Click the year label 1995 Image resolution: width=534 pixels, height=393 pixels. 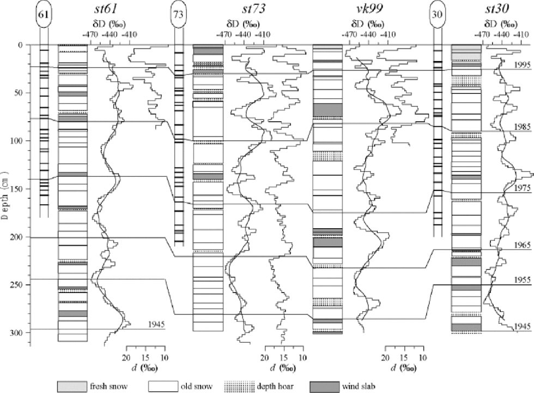(522, 65)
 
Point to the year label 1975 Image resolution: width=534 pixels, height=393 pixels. (522, 188)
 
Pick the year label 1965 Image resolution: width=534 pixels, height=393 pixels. (522, 246)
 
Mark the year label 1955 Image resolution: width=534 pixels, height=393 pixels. (522, 280)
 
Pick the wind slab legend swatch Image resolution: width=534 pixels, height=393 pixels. (325, 386)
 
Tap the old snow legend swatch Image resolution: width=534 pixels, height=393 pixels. (163, 386)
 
